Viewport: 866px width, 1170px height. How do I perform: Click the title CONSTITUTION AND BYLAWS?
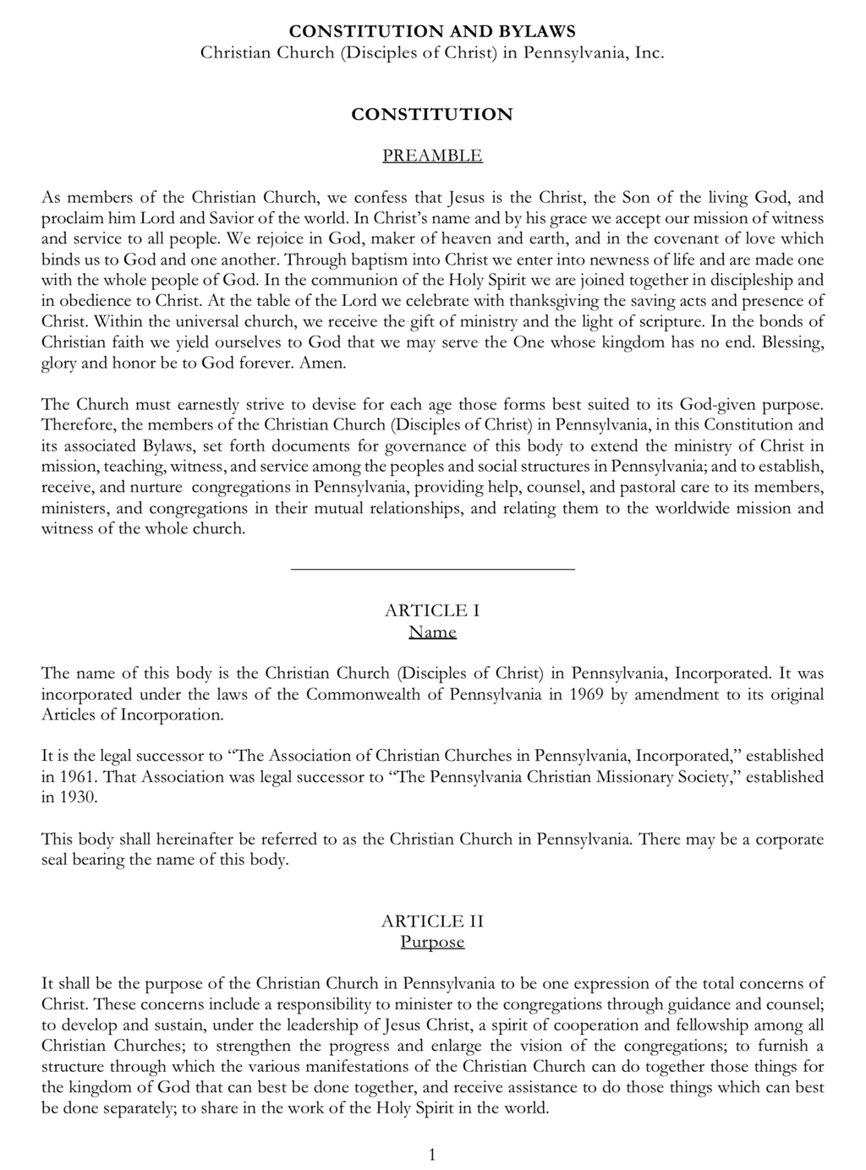[432, 31]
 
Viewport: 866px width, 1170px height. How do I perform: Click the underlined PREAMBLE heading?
[432, 156]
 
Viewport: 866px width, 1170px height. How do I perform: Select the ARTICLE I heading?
[432, 610]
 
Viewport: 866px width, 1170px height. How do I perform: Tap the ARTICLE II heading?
[432, 921]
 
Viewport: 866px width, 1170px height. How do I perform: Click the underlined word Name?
[432, 631]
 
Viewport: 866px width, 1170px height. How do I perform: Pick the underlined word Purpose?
[432, 942]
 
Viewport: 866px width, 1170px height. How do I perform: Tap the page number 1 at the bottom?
[432, 1155]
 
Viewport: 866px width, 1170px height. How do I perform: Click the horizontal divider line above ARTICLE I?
[432, 569]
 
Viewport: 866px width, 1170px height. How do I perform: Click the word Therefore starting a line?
[78, 425]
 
